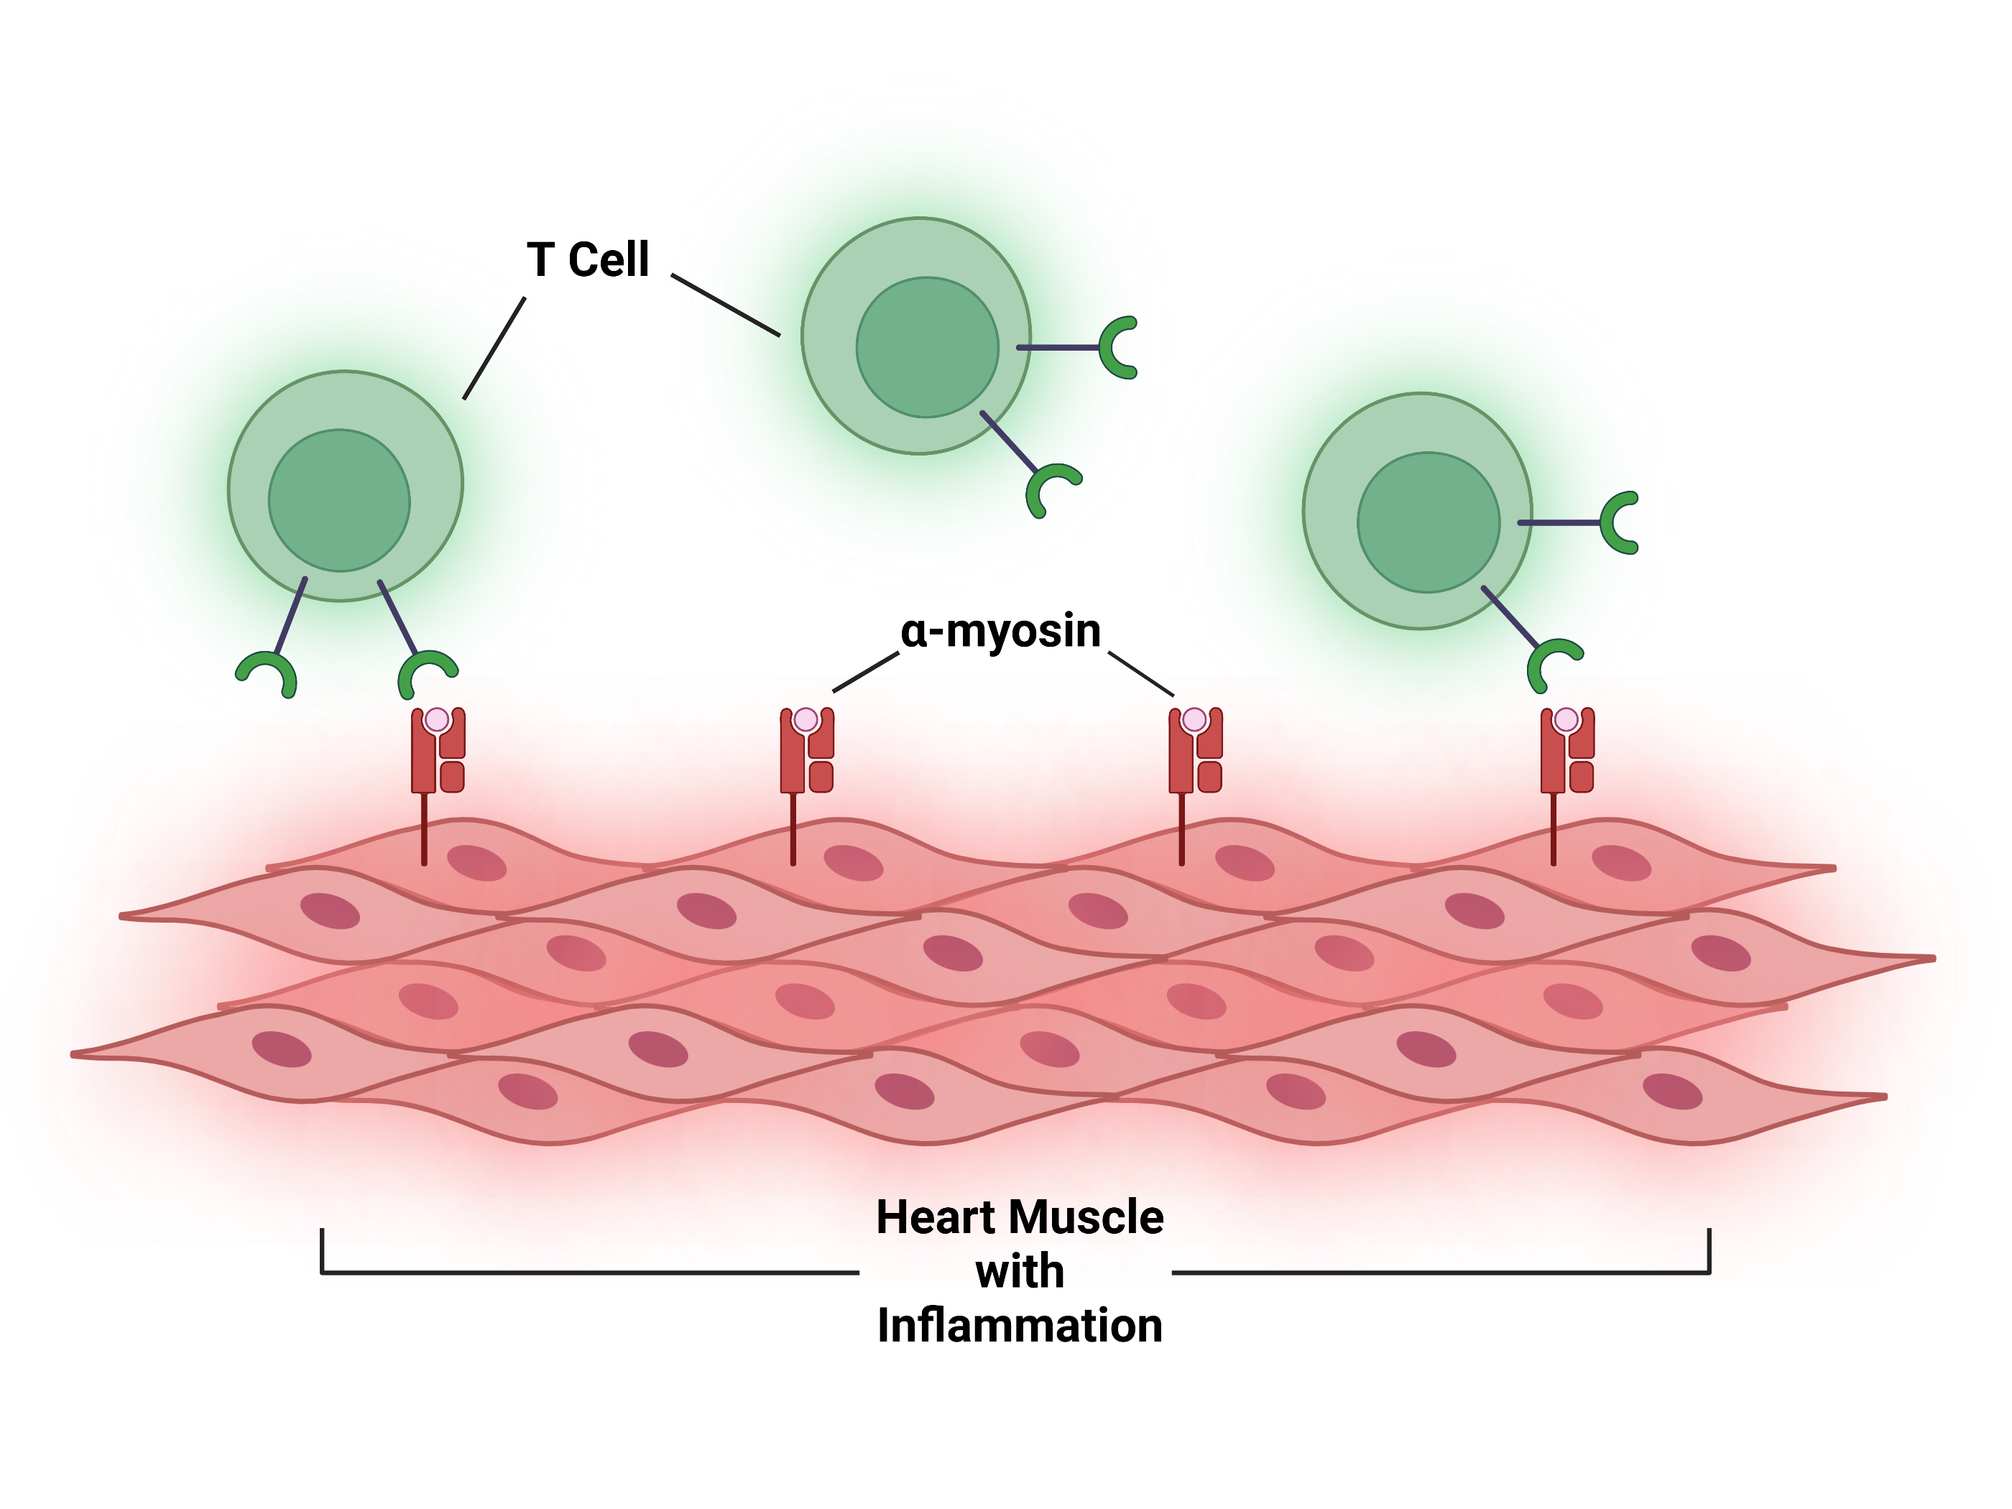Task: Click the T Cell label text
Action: point(588,260)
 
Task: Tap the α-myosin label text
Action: point(1000,631)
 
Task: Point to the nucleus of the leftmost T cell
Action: point(339,500)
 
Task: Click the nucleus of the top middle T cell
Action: point(927,348)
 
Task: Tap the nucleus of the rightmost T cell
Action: point(1428,522)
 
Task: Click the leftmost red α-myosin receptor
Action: point(438,752)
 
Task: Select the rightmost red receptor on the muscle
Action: point(1566,752)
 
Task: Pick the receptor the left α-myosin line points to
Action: point(807,752)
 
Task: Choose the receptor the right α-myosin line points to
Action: point(1195,752)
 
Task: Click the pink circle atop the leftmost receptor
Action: point(438,719)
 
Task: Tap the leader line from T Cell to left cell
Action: point(494,349)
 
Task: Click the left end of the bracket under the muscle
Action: point(322,1252)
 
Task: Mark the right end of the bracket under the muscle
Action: point(1709,1252)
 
